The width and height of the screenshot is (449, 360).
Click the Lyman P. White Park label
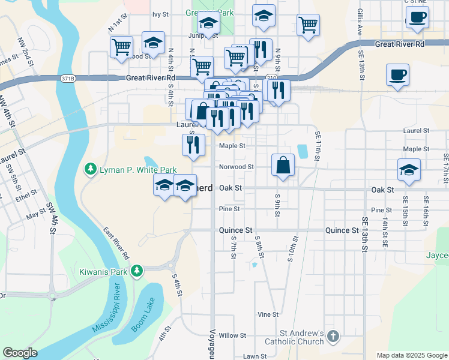tap(130, 170)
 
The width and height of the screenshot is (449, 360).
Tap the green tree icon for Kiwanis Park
tap(137, 272)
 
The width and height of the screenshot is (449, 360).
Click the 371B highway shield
tap(68, 78)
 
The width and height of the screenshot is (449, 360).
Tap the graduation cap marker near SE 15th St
tap(409, 169)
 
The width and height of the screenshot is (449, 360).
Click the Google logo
tap(20, 353)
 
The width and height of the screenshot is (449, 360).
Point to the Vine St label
tap(268, 314)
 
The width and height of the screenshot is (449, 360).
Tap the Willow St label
tap(229, 335)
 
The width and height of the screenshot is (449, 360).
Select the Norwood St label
tap(237, 167)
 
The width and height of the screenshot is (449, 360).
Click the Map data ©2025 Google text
tap(412, 355)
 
